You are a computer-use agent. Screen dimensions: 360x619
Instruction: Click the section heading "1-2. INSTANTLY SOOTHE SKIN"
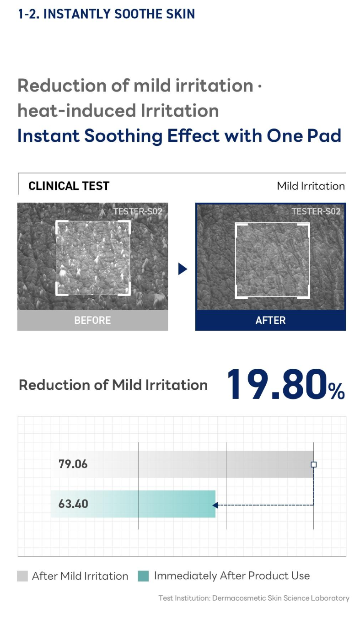[x=107, y=14]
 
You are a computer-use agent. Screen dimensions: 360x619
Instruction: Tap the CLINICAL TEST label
[x=69, y=186]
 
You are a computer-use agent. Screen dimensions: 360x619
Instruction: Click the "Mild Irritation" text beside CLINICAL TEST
[x=311, y=186]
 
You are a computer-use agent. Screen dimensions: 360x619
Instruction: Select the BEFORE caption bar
[x=92, y=320]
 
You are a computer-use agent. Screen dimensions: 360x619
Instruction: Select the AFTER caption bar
[x=270, y=320]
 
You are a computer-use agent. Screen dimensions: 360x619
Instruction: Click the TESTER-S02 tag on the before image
[x=138, y=211]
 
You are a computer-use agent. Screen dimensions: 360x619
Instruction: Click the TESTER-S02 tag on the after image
[x=316, y=211]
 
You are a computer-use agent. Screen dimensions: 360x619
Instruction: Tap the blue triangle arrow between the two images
[x=183, y=269]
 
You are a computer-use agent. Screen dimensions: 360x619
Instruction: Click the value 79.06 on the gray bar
[x=73, y=464]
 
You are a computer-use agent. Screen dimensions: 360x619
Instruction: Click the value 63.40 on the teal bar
[x=73, y=504]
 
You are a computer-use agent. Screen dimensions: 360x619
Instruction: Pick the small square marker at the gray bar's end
[x=314, y=464]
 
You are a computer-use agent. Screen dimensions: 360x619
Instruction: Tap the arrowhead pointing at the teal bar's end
[x=215, y=505]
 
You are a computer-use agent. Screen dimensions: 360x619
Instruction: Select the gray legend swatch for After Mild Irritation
[x=22, y=576]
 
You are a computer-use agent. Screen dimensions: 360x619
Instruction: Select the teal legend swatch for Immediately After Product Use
[x=143, y=576]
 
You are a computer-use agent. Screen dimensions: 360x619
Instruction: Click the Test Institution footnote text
[x=254, y=598]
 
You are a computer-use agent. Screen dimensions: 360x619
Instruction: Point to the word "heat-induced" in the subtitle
[x=77, y=111]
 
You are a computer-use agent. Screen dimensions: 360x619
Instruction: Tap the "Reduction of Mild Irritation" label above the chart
[x=113, y=385]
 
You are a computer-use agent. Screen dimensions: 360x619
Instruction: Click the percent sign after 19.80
[x=337, y=391]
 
